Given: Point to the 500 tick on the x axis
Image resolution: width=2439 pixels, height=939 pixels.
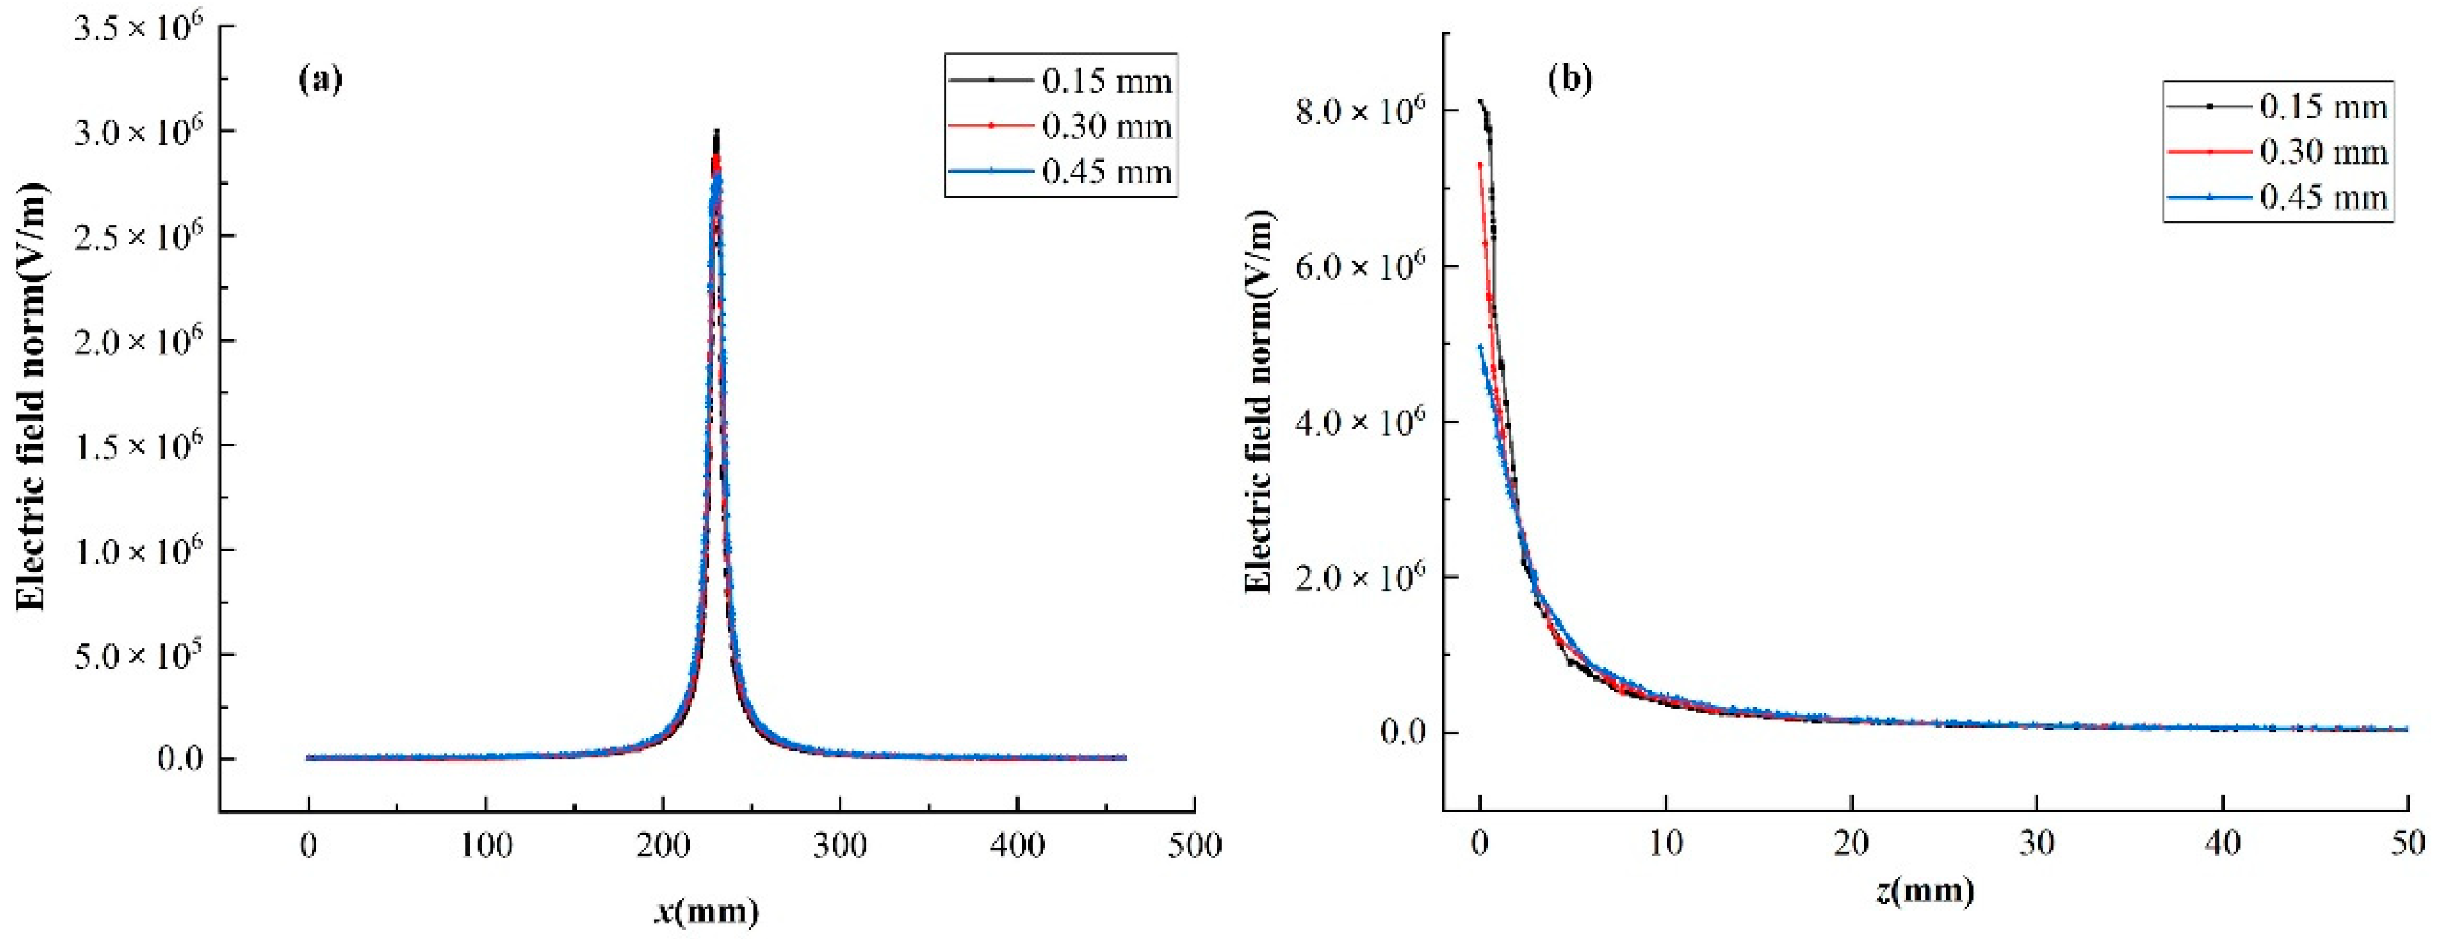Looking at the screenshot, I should (x=1194, y=846).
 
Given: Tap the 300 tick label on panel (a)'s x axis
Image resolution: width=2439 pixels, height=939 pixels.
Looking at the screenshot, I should (x=840, y=846).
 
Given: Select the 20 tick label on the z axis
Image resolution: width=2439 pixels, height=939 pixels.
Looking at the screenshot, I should (x=1850, y=843).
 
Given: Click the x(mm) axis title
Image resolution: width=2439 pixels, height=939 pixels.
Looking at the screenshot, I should (x=706, y=912).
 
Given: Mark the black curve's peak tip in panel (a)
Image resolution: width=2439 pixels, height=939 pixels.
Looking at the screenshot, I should (x=717, y=131).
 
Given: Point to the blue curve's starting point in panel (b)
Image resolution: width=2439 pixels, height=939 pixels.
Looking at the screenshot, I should (x=1481, y=346).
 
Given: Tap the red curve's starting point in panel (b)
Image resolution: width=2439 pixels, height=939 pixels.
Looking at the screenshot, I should (x=1479, y=164).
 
